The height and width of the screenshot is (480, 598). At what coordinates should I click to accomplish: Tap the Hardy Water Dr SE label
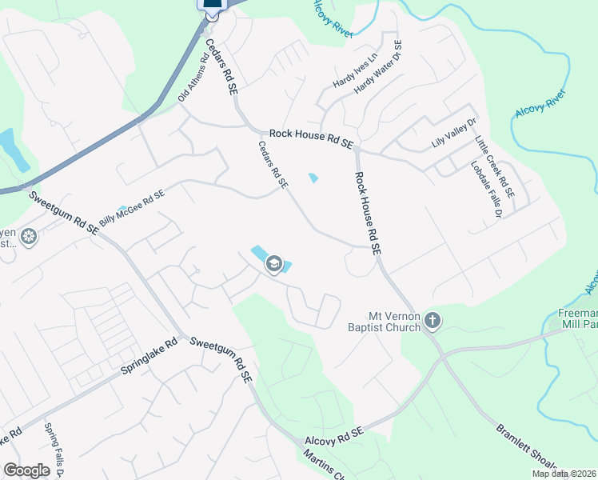pyautogui.click(x=380, y=68)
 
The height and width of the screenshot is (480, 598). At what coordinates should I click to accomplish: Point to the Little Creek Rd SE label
pyautogui.click(x=495, y=167)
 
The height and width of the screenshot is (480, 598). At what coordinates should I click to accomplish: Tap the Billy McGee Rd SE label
pyautogui.click(x=132, y=207)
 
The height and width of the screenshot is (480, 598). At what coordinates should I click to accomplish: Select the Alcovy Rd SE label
pyautogui.click(x=333, y=437)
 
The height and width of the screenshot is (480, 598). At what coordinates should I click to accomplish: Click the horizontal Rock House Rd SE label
pyautogui.click(x=311, y=138)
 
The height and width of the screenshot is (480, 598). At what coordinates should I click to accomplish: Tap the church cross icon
pyautogui.click(x=433, y=321)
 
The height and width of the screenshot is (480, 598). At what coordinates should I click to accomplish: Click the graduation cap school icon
pyautogui.click(x=273, y=264)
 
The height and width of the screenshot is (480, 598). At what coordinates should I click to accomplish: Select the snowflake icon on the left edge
pyautogui.click(x=29, y=237)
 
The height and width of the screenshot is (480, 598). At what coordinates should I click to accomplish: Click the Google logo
pyautogui.click(x=26, y=470)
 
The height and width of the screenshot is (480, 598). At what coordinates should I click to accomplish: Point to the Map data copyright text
pyautogui.click(x=564, y=474)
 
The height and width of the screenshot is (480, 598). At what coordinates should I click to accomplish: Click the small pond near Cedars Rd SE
pyautogui.click(x=313, y=178)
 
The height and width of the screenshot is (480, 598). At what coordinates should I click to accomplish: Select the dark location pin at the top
pyautogui.click(x=211, y=7)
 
